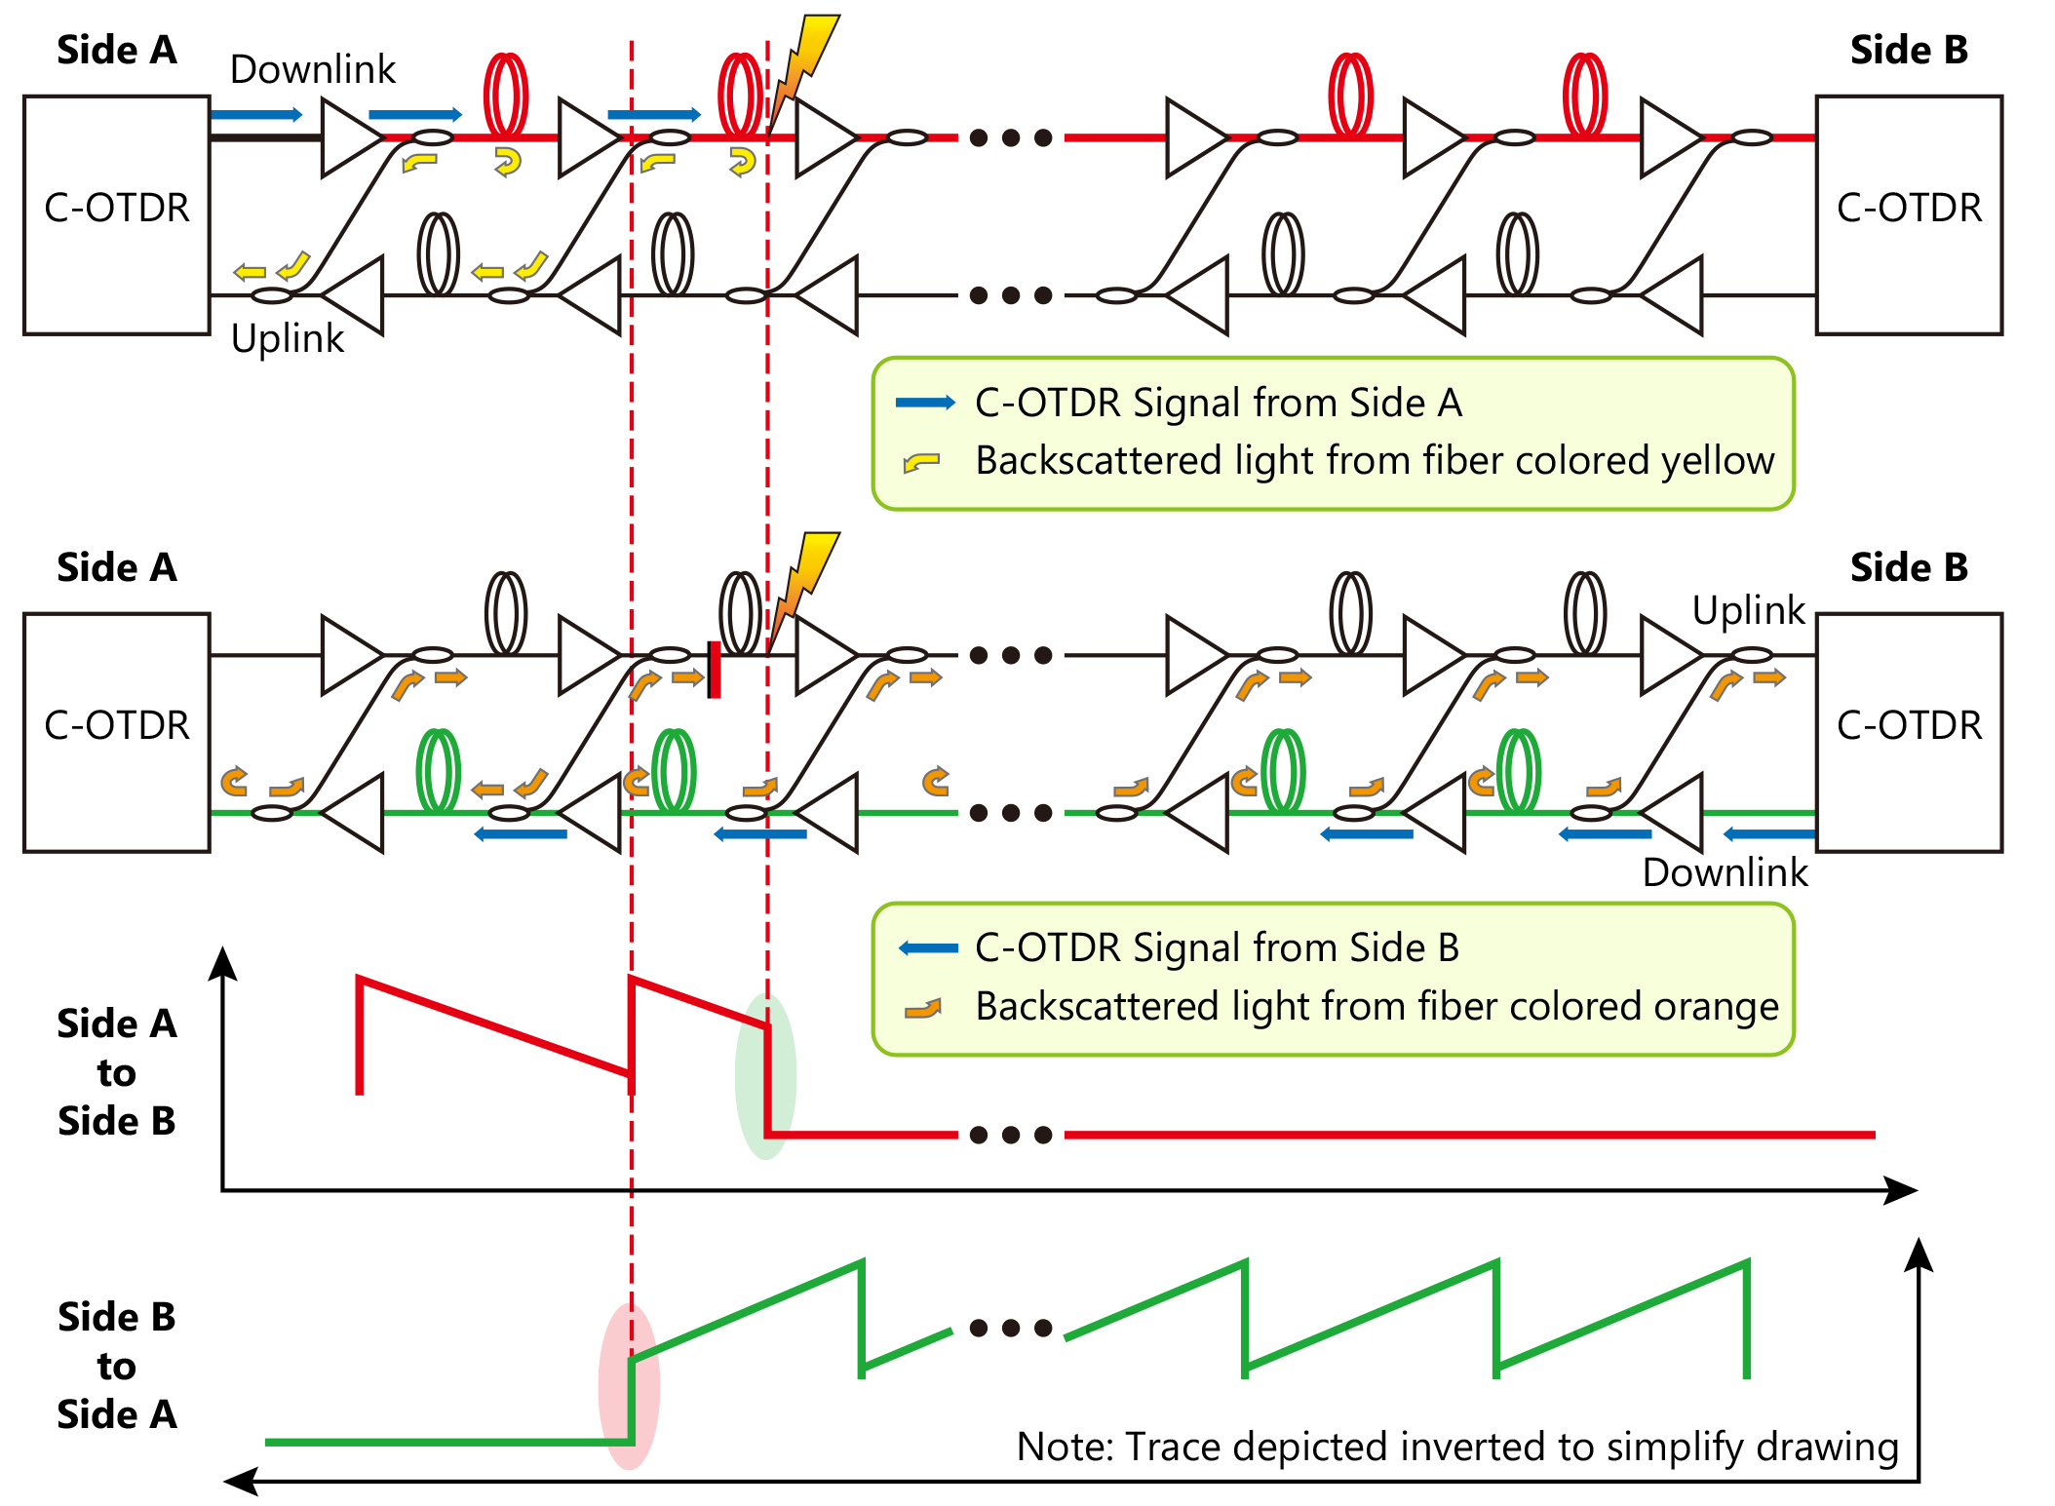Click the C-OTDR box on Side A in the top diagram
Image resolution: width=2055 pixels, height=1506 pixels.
click(x=116, y=214)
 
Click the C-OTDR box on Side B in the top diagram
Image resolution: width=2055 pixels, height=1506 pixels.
click(x=1908, y=214)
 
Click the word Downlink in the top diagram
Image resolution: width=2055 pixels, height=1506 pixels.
click(x=312, y=69)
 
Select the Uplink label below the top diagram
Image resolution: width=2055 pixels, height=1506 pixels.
click(x=287, y=338)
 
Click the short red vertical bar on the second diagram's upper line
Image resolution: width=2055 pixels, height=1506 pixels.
click(x=714, y=669)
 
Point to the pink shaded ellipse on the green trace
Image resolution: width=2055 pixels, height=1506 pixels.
click(x=629, y=1384)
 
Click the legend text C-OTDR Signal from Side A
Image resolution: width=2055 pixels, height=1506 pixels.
click(x=1218, y=403)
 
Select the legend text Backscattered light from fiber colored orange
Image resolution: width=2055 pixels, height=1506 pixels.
click(x=1376, y=1006)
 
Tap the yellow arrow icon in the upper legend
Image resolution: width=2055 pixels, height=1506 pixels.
click(x=921, y=462)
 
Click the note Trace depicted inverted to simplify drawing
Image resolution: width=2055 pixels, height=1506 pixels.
click(x=1456, y=1447)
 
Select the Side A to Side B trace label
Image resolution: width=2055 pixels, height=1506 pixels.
click(x=116, y=1072)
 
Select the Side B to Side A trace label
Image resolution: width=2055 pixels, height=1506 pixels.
click(x=116, y=1365)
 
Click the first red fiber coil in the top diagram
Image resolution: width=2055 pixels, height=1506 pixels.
click(x=506, y=95)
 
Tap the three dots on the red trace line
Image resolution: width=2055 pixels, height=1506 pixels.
click(x=1011, y=1135)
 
